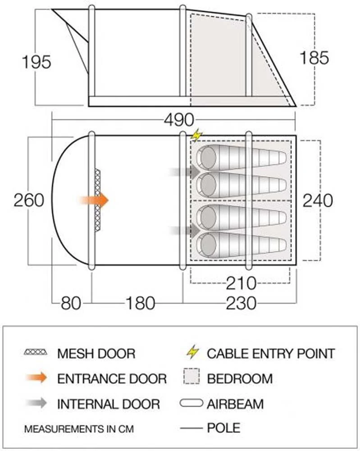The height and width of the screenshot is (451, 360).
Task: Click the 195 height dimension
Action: pos(36,62)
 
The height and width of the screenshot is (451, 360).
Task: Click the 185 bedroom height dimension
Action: pos(314,57)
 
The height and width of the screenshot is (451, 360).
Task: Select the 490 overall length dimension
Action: pos(179,120)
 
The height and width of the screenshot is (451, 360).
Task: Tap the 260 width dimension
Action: pos(29,200)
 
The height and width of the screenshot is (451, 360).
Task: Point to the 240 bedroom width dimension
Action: pos(318,200)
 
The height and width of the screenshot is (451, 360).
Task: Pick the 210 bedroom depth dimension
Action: pos(241,283)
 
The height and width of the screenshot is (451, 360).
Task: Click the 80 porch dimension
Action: pos(71,303)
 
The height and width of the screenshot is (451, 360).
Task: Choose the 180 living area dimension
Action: pos(140,303)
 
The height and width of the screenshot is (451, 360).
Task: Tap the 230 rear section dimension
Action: pos(241,303)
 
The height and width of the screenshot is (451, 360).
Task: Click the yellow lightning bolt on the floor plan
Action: pos(197,135)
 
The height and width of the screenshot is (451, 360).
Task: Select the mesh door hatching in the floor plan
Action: pos(98,200)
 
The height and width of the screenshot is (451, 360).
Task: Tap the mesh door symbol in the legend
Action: pos(35,352)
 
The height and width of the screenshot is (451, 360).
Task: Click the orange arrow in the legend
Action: pos(36,377)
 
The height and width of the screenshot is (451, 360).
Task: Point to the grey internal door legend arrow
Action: pos(36,403)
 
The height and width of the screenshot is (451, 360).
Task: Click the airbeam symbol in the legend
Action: pos(191,403)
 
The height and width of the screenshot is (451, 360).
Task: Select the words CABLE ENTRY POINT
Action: pos(271,354)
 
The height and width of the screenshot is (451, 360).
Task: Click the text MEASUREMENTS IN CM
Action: pos(79,429)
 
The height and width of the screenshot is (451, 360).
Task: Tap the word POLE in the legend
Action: pos(224,428)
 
